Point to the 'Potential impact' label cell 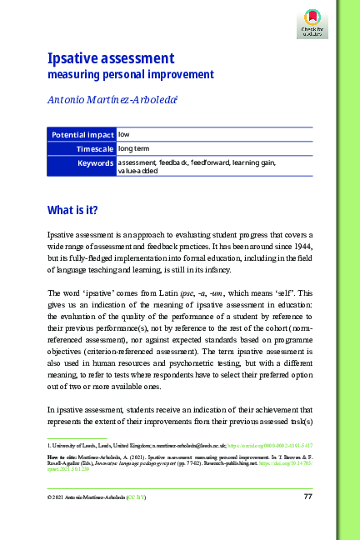(x=82, y=134)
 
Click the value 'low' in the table (x=123, y=134)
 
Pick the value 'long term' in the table (x=133, y=148)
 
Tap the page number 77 (x=307, y=497)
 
